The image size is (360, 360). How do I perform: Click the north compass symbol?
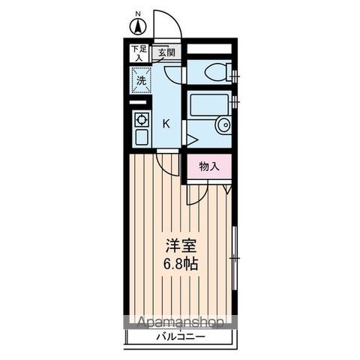[137, 28]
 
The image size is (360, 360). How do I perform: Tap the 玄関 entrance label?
[166, 52]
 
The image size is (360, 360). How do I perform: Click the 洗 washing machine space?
[140, 79]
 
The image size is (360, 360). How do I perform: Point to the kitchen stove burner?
[140, 119]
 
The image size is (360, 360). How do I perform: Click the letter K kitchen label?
[167, 124]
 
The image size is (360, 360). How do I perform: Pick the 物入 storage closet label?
[208, 166]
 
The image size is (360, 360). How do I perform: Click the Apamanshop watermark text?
[180, 323]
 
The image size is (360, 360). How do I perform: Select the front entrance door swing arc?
[165, 24]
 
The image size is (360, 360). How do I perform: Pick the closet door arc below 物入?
[196, 193]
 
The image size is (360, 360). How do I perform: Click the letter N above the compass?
[137, 13]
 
